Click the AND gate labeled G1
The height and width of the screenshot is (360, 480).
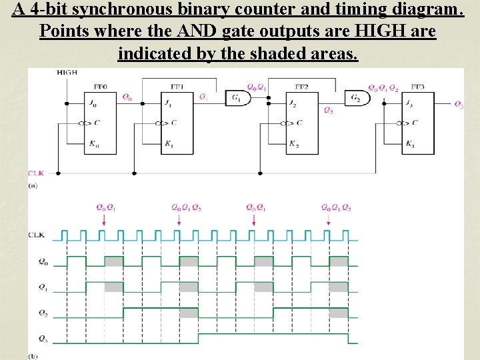point(237,98)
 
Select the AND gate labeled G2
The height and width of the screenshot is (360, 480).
point(359,98)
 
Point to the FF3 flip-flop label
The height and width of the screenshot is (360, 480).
point(418,86)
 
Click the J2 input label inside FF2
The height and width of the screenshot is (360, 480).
point(293,103)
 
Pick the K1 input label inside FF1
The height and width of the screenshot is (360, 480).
point(169,145)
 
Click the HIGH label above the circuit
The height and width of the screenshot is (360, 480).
point(67,72)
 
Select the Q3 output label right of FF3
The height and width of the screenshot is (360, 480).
point(458,104)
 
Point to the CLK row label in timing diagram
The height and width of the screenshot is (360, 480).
point(37,235)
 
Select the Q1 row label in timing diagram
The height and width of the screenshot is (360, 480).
point(43,287)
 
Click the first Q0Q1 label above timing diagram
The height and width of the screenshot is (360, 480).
point(105,207)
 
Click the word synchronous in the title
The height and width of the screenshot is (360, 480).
point(118,10)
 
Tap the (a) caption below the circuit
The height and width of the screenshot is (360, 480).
point(33,186)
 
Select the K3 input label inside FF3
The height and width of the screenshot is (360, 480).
point(410,145)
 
